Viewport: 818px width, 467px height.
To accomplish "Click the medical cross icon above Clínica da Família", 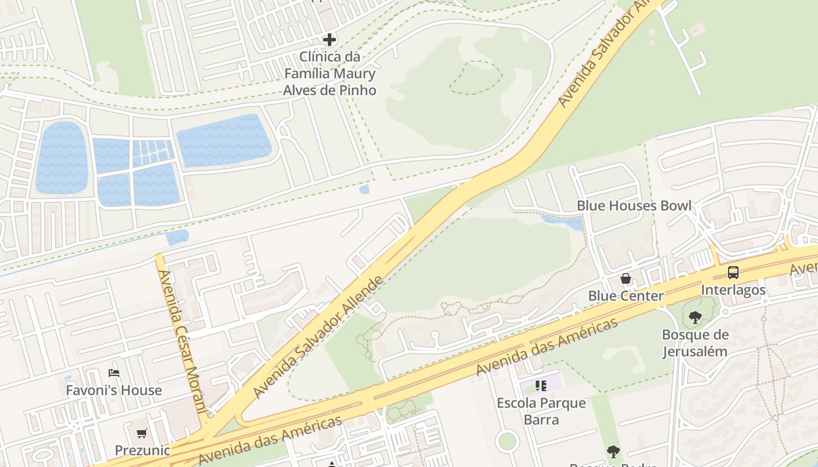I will [x=330, y=40].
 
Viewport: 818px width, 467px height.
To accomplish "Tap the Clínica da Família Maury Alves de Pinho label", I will [x=330, y=74].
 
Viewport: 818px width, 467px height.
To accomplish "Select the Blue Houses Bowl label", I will [x=634, y=205].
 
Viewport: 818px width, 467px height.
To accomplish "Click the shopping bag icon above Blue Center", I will [x=626, y=278].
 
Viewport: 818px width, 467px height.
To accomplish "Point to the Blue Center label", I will [x=626, y=296].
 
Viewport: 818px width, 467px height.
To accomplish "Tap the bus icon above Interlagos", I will [x=733, y=272].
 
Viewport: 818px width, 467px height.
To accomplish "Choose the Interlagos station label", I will [x=733, y=290].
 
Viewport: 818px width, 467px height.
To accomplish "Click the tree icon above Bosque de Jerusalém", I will [x=695, y=318].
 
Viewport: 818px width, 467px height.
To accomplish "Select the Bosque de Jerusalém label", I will [x=695, y=343].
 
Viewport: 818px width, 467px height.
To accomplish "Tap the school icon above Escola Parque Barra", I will [x=540, y=386].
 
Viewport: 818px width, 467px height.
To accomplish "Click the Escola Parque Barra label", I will [x=541, y=412].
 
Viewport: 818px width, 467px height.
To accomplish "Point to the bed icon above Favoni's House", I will [x=114, y=372].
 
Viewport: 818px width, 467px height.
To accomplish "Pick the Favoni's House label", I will [x=114, y=390].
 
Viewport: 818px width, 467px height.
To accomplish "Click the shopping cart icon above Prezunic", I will [x=142, y=433].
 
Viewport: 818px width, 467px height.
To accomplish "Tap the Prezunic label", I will [x=143, y=451].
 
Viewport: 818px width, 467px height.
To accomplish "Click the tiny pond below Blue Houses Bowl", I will [x=561, y=222].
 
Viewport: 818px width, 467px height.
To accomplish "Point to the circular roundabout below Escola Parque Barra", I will [x=507, y=441].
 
